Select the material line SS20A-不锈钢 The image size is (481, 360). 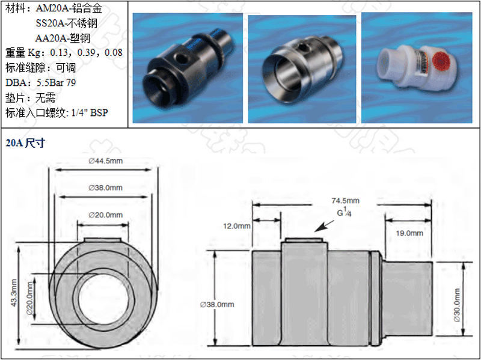coord(66,23)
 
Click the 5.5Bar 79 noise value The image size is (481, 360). coord(65,82)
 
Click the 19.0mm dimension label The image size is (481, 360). coord(409,233)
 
